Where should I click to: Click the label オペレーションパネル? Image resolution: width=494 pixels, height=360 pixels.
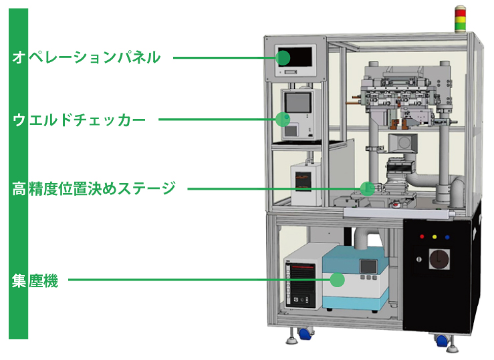pyautogui.click(x=87, y=57)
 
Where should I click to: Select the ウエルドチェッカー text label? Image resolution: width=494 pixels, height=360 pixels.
pyautogui.click(x=79, y=120)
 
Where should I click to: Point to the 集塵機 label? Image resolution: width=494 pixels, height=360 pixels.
pyautogui.click(x=35, y=281)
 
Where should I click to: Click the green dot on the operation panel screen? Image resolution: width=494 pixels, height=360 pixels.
pyautogui.click(x=283, y=57)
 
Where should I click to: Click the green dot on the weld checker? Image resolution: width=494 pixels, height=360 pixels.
pyautogui.click(x=282, y=120)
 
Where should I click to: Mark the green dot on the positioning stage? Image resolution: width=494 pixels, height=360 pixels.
pyautogui.click(x=367, y=188)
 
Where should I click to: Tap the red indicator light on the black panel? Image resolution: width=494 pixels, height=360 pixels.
pyautogui.click(x=421, y=236)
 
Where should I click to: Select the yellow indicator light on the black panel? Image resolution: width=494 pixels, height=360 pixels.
pyautogui.click(x=435, y=236)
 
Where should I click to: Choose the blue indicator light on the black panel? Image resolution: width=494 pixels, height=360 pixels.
pyautogui.click(x=448, y=236)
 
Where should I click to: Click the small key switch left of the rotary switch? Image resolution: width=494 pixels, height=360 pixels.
pyautogui.click(x=420, y=257)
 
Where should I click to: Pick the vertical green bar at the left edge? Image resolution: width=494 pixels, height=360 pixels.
pyautogui.click(x=18, y=174)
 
